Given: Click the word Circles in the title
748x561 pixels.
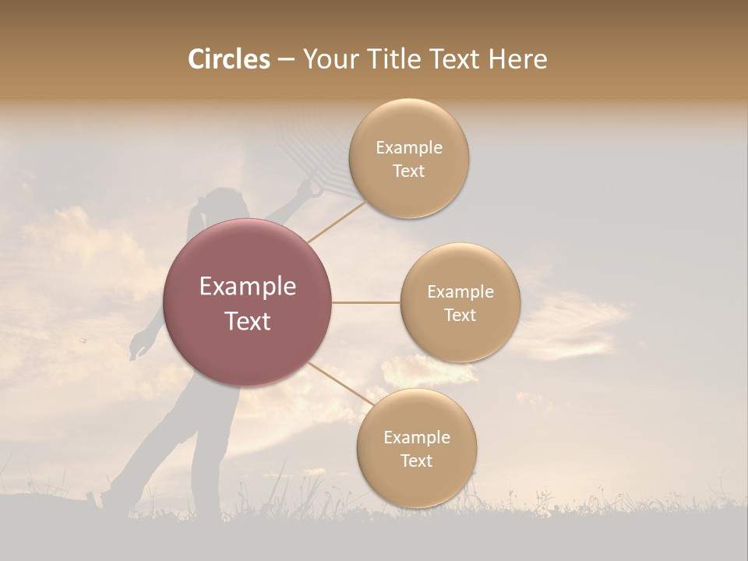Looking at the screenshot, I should [x=228, y=59].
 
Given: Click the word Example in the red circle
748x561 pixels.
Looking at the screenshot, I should [x=248, y=287].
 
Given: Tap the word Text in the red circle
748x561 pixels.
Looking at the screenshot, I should [x=248, y=321].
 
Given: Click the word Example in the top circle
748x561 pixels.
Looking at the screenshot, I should [x=408, y=148].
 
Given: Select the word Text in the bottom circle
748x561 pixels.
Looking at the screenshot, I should [x=416, y=460].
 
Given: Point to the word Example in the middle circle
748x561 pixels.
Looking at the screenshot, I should [x=460, y=292].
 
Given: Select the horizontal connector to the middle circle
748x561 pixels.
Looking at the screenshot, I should [x=365, y=302].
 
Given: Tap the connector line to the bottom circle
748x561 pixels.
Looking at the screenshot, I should [x=340, y=383].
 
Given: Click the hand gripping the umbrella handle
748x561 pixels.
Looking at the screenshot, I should [x=314, y=189].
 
